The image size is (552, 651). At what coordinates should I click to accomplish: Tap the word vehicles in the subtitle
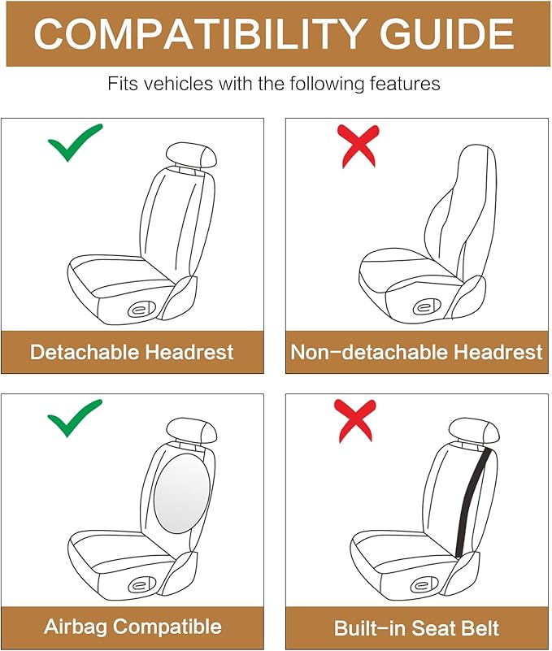pyautogui.click(x=193, y=84)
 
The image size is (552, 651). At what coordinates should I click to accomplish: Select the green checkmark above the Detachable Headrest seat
pyautogui.click(x=75, y=143)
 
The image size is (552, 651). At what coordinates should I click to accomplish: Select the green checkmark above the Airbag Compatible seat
pyautogui.click(x=75, y=419)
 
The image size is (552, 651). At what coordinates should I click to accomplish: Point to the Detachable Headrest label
pyautogui.click(x=132, y=352)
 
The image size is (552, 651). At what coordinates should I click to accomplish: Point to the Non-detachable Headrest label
pyautogui.click(x=416, y=352)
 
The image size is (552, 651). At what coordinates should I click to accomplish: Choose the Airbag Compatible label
pyautogui.click(x=132, y=627)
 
